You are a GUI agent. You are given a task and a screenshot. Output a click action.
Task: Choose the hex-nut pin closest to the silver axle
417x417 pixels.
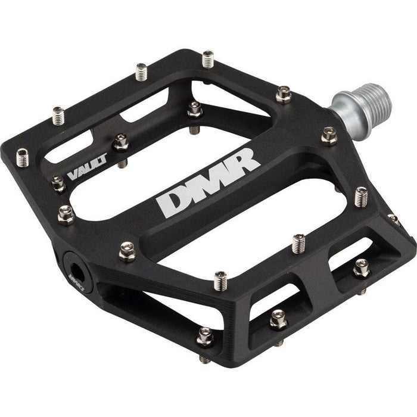328,136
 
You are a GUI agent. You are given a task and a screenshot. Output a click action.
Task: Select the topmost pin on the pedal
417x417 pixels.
208,58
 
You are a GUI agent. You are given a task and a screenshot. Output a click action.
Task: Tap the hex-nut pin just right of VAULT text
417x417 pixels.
121,142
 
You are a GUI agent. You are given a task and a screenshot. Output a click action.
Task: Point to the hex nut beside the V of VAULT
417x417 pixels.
58,183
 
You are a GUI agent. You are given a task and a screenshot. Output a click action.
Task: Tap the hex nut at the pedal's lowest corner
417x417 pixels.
206,337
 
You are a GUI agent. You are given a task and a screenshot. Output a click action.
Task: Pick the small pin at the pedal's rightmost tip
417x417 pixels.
393,219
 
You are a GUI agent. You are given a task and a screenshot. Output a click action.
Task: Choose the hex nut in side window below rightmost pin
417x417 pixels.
361,269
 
